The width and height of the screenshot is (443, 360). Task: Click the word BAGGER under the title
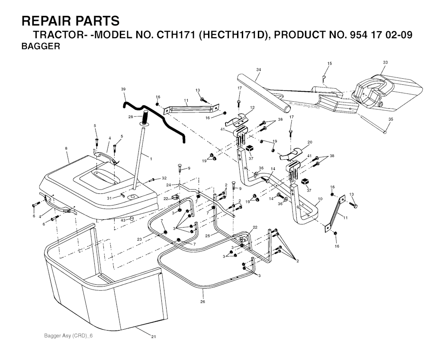(x=41, y=46)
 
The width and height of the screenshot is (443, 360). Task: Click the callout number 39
(x=123, y=89)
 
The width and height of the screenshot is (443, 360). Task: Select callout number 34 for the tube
(x=258, y=70)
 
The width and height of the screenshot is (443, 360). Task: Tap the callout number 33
(x=385, y=62)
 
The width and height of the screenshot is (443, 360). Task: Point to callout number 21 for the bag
(x=154, y=337)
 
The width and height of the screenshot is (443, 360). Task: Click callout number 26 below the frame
(x=202, y=302)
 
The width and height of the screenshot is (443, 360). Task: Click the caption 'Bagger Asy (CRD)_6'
(x=68, y=336)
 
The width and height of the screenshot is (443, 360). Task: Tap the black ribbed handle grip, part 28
(x=144, y=118)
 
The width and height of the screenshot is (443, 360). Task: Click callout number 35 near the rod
(x=391, y=119)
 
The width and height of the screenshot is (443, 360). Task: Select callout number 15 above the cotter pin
(x=330, y=64)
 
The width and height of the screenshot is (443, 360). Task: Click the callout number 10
(x=320, y=199)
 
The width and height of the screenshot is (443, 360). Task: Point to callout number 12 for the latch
(x=252, y=108)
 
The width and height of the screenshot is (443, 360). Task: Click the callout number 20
(x=310, y=142)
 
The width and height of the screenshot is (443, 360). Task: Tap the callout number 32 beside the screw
(x=164, y=178)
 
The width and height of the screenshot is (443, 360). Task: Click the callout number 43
(x=123, y=220)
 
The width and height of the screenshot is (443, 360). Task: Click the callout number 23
(x=139, y=239)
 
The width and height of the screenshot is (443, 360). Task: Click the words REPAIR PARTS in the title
(x=71, y=21)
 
